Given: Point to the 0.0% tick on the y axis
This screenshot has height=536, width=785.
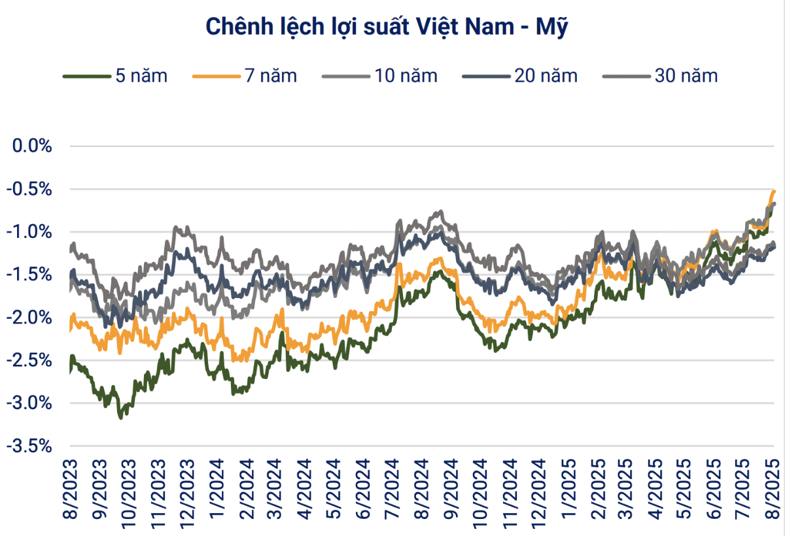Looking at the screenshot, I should click(x=33, y=146).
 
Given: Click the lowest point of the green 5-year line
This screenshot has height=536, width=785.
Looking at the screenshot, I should click(x=120, y=417).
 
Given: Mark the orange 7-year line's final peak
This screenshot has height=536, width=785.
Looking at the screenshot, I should click(x=775, y=191).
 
